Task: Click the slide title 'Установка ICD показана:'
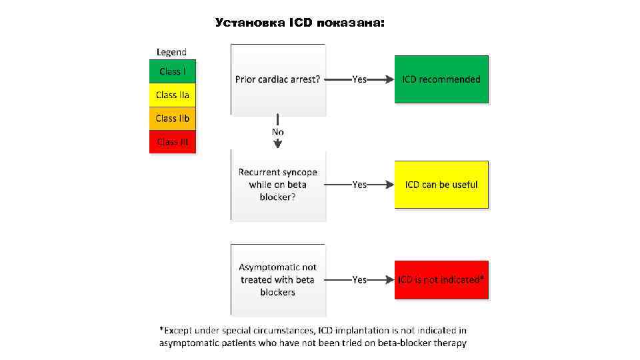pyautogui.click(x=300, y=23)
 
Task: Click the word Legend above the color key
pyautogui.click(x=171, y=51)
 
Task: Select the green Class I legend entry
pyautogui.click(x=173, y=71)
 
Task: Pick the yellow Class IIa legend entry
pyautogui.click(x=173, y=95)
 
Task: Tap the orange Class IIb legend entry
pyautogui.click(x=173, y=118)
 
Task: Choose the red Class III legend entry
pyautogui.click(x=173, y=141)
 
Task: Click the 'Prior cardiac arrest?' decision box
pyautogui.click(x=278, y=79)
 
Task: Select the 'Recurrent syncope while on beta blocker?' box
pyautogui.click(x=278, y=185)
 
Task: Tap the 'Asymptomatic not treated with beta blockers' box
pyautogui.click(x=278, y=280)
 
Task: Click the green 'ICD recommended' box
pyautogui.click(x=441, y=79)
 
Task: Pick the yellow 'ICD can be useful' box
pyautogui.click(x=441, y=185)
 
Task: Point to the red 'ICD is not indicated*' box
pyautogui.click(x=441, y=280)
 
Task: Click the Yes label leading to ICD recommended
pyautogui.click(x=359, y=79)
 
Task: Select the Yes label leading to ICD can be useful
pyautogui.click(x=359, y=185)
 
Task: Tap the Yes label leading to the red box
pyautogui.click(x=359, y=280)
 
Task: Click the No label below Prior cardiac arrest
pyautogui.click(x=278, y=132)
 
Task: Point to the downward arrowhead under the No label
pyautogui.click(x=278, y=143)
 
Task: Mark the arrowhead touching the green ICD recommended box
pyautogui.click(x=390, y=79)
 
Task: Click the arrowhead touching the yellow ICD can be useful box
pyautogui.click(x=390, y=185)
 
